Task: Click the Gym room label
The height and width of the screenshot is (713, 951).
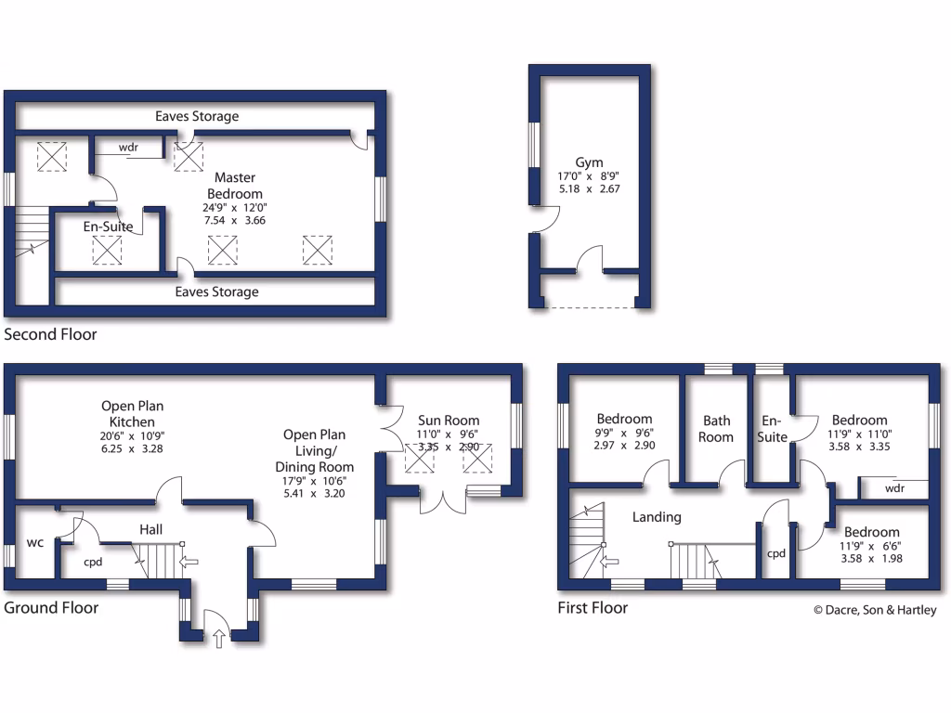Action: tap(589, 162)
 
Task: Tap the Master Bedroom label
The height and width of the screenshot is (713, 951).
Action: tap(235, 185)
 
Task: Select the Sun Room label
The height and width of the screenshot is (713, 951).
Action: tap(449, 421)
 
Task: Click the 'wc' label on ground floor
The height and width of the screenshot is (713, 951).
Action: tap(36, 541)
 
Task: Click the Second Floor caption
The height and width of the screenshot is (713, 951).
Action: tap(50, 334)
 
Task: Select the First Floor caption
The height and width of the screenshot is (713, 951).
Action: tap(593, 608)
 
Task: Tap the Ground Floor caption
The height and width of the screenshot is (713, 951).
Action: tap(51, 608)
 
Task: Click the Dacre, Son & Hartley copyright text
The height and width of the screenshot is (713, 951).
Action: tap(875, 610)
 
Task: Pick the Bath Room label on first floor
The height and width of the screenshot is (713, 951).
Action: tap(717, 428)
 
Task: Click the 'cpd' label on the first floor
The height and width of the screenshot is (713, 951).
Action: tap(775, 553)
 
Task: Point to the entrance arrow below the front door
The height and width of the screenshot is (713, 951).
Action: tap(219, 639)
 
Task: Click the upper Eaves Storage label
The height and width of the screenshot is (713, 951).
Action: tap(197, 116)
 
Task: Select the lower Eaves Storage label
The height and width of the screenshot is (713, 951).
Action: tap(217, 292)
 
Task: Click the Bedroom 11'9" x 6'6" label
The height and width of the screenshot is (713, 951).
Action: tap(869, 532)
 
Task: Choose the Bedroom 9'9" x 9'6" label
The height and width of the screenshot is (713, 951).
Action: tap(624, 419)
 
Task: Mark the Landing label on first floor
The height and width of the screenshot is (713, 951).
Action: tap(657, 517)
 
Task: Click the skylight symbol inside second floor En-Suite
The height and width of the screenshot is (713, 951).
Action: tap(108, 251)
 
